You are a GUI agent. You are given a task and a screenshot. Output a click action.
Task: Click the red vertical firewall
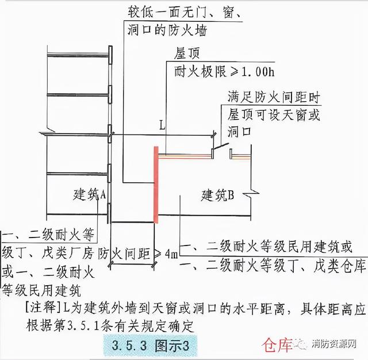(155, 184)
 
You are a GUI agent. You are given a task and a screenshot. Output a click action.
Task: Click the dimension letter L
(162, 124)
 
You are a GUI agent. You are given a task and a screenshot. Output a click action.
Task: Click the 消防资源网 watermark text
(337, 346)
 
